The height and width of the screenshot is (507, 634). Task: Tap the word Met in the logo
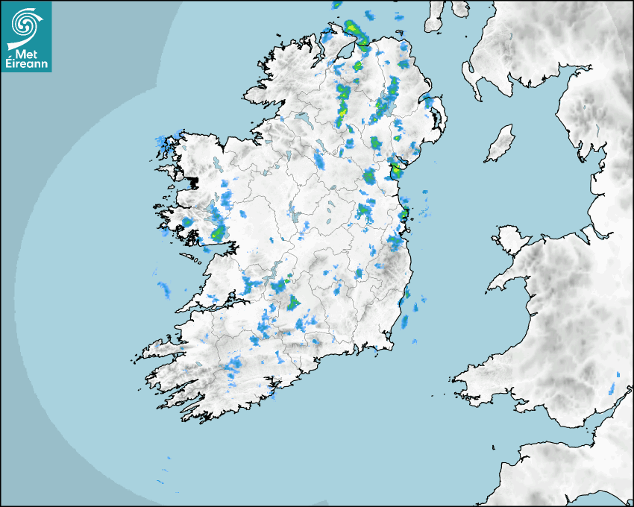click(x=27, y=53)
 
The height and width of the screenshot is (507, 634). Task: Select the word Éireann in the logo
click(x=25, y=64)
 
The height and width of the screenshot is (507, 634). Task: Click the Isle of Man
click(x=500, y=144)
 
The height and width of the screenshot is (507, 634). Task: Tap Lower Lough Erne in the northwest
click(x=301, y=119)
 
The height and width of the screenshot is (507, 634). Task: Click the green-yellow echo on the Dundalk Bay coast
click(x=396, y=171)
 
